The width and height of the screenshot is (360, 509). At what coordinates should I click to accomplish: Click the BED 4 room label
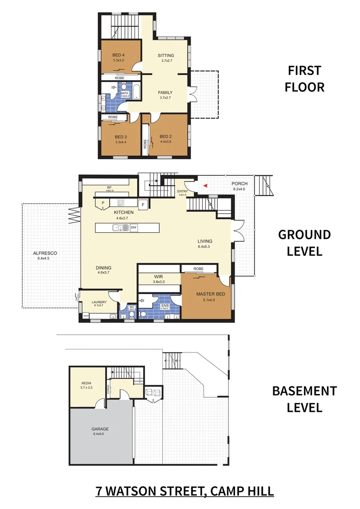tap(119, 55)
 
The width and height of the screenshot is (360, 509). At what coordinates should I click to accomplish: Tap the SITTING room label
tap(165, 56)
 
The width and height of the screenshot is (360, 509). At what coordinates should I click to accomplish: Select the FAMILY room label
tap(165, 93)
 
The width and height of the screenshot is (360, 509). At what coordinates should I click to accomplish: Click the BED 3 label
tap(121, 137)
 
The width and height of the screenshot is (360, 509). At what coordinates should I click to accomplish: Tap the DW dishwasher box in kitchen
tap(134, 228)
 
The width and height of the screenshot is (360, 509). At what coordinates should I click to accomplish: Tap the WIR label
tap(158, 277)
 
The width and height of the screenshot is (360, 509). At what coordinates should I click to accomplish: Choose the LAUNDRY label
tap(99, 303)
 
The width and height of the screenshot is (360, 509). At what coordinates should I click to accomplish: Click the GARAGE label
tap(100, 429)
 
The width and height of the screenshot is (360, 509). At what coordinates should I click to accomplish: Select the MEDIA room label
tap(86, 384)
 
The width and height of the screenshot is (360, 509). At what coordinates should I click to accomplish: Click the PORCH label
tap(240, 184)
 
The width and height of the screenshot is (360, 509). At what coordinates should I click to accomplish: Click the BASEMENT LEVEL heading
tap(304, 399)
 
